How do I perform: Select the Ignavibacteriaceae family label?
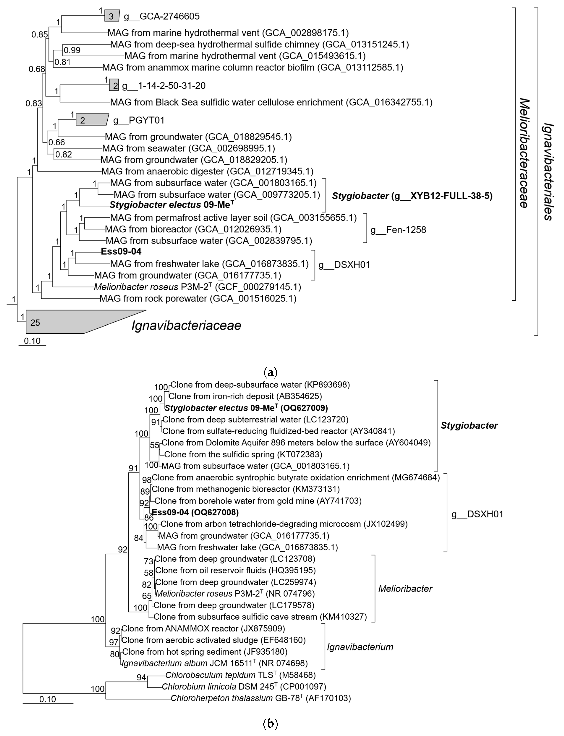point(186,326)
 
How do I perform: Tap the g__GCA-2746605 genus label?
point(162,16)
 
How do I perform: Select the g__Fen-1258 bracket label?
point(398,230)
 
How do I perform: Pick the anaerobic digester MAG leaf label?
point(207,171)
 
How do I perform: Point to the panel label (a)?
point(271,372)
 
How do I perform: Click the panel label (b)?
point(271,723)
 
